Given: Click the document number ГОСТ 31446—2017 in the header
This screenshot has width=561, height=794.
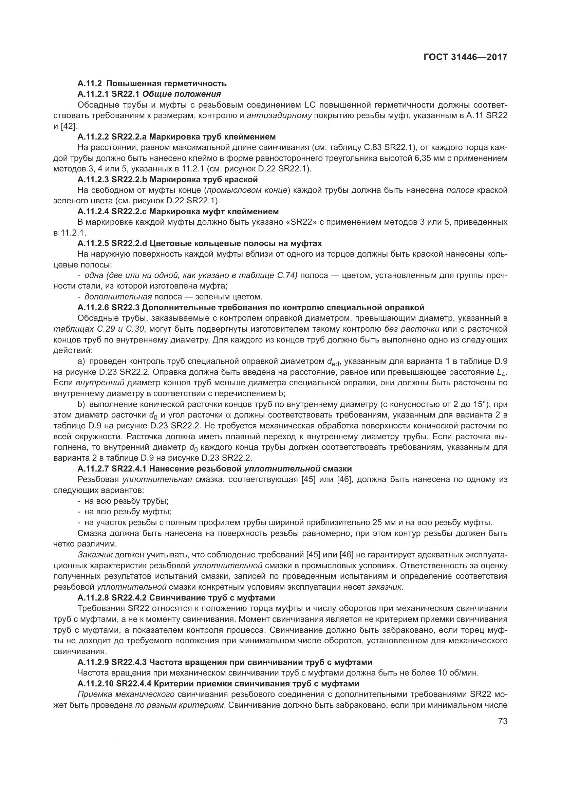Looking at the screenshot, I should point(465,57).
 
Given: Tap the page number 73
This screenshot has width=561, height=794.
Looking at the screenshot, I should point(503,721).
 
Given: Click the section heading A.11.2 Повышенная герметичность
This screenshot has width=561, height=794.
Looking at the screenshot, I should point(152,84).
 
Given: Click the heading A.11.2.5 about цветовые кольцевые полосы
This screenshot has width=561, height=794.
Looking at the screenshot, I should point(200,243).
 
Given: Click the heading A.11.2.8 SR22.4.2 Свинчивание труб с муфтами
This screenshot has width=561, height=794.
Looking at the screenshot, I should point(176,598).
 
